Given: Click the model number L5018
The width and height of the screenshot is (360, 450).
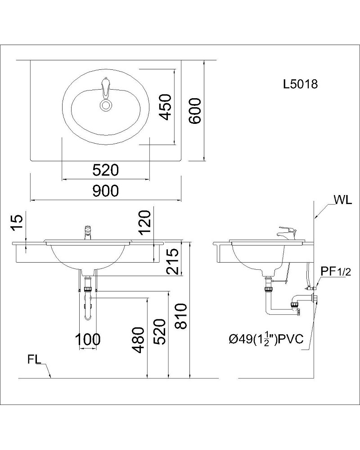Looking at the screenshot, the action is (x=301, y=84).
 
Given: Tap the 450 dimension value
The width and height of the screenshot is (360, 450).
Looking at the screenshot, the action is (x=166, y=107).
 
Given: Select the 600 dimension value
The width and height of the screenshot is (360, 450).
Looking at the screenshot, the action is (x=195, y=111).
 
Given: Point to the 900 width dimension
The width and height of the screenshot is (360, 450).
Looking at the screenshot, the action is (x=105, y=191).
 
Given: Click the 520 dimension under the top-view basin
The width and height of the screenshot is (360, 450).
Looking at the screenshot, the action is (x=105, y=170).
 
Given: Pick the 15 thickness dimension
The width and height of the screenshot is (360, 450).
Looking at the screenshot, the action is (x=17, y=223).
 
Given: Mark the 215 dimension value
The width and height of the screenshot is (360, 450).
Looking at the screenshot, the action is (x=173, y=261).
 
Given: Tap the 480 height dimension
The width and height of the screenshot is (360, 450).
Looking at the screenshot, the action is (x=138, y=341).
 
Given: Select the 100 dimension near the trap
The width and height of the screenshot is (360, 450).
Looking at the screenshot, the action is (x=88, y=340).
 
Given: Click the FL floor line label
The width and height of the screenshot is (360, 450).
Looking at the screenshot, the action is (x=34, y=359).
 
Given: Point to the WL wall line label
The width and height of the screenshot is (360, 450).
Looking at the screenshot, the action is (x=343, y=200).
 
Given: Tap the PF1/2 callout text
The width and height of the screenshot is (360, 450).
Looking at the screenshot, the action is (x=336, y=271).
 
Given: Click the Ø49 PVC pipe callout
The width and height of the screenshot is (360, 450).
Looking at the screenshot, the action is (x=266, y=339).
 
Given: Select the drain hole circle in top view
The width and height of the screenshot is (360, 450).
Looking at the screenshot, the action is (x=105, y=105).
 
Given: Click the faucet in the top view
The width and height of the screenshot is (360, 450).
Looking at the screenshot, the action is (x=105, y=88).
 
